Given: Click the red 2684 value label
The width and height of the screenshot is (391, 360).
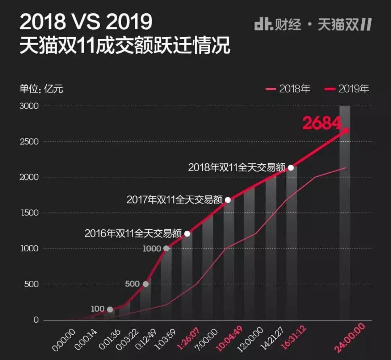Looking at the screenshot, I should (321, 123).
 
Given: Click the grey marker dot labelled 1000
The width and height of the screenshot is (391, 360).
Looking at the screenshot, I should (166, 248).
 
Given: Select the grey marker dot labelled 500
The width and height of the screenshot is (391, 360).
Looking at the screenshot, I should (146, 284).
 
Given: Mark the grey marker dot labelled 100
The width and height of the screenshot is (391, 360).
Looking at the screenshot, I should (110, 309).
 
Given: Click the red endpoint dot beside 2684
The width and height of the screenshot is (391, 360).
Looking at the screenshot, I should (346, 130).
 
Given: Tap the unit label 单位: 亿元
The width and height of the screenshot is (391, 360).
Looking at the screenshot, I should (41, 89).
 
